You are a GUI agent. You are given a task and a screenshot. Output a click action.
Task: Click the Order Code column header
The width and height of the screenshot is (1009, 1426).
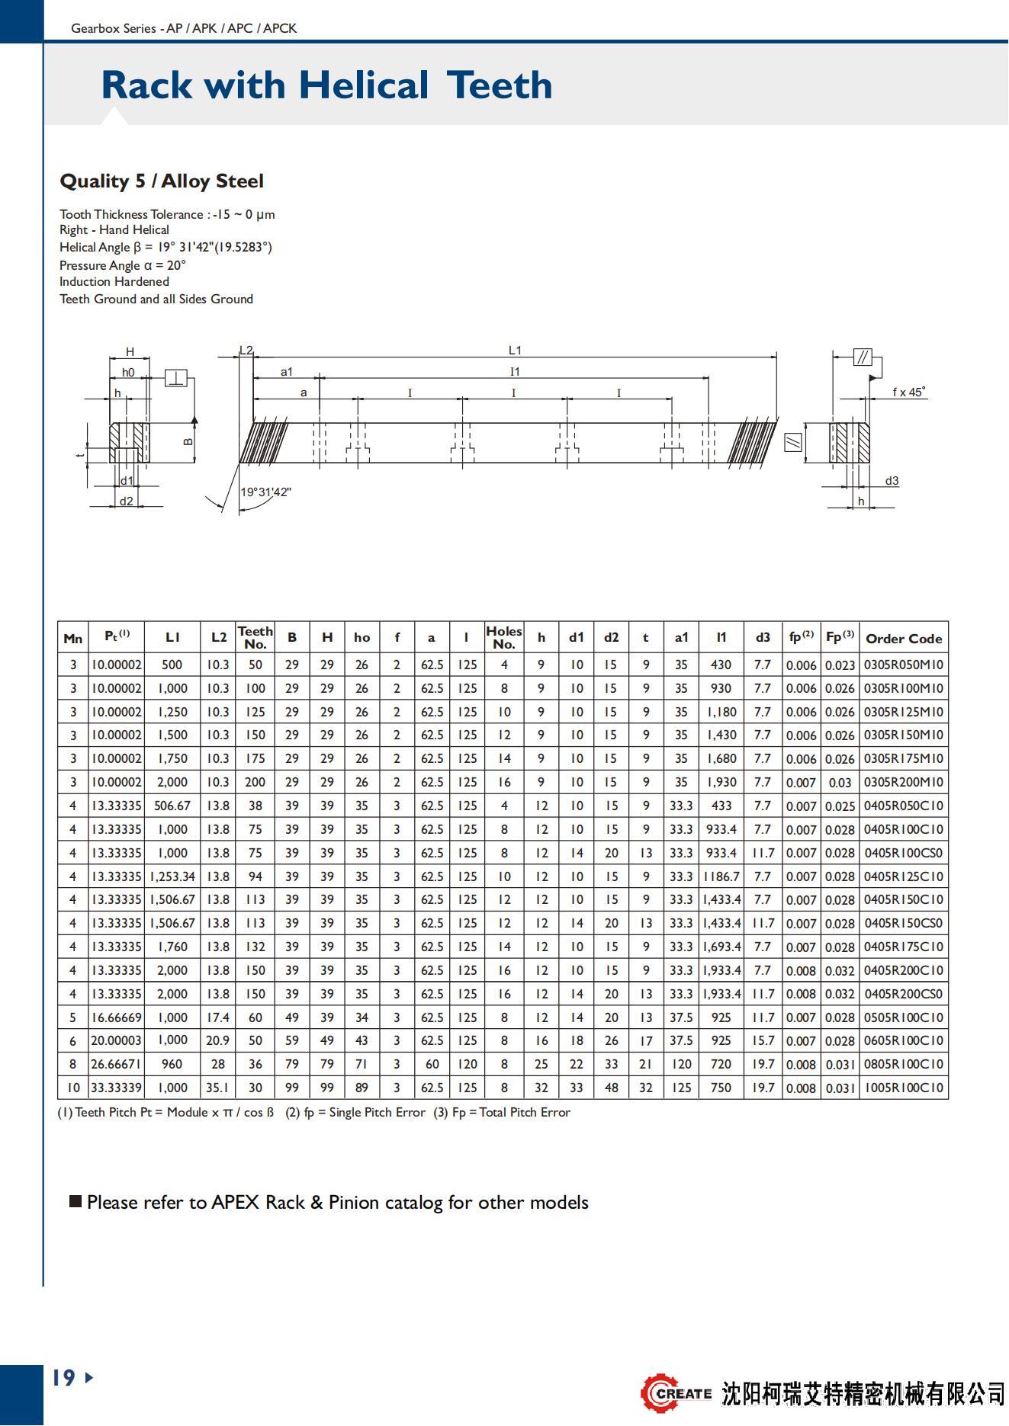tap(904, 639)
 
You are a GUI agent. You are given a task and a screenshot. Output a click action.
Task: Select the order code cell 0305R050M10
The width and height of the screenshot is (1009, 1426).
tap(904, 665)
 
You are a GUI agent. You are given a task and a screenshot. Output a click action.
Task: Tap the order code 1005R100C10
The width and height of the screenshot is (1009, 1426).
tap(904, 1088)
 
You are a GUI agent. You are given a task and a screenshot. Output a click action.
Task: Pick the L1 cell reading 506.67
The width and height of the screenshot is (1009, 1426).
tap(172, 806)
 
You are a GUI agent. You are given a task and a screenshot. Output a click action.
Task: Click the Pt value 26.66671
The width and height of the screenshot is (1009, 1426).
tap(117, 1064)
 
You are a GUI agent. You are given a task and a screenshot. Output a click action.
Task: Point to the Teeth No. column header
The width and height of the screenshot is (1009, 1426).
tap(255, 637)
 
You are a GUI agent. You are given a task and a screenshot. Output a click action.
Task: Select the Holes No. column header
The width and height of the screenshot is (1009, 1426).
tap(504, 637)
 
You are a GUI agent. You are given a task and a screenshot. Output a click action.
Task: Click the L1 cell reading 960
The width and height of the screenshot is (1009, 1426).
tap(172, 1064)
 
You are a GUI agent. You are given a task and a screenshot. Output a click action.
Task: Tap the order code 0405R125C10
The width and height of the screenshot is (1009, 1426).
tap(904, 876)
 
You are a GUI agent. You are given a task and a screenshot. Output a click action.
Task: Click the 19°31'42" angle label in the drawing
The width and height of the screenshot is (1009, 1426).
tap(265, 492)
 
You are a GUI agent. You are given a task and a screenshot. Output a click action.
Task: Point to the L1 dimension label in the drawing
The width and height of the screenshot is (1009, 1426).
tap(515, 351)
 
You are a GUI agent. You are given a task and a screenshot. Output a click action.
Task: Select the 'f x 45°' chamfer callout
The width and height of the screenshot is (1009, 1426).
tap(908, 393)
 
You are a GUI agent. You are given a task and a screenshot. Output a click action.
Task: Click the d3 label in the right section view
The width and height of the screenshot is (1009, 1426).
tap(892, 481)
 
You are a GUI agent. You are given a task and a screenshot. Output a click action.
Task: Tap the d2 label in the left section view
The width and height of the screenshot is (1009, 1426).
tap(126, 502)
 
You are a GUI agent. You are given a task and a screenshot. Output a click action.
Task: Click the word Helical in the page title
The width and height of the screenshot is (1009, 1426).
tap(363, 85)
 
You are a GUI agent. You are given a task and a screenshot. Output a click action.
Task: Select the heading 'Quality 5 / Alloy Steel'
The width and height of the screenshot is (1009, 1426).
tap(162, 181)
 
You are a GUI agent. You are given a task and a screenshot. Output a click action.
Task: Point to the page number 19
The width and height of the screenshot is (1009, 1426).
tap(64, 1377)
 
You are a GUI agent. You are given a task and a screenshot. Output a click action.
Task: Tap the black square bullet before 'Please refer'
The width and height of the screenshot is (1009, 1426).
tap(76, 1202)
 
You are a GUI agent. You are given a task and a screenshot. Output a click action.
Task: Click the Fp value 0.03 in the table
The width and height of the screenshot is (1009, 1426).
tap(840, 783)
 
